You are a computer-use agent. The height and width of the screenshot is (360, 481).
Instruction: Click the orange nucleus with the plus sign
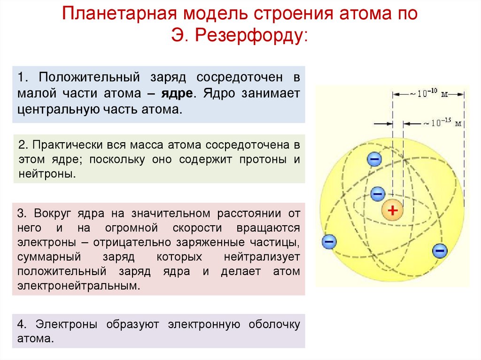[393, 211]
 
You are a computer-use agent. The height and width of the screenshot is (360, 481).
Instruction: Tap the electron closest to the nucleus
[378, 193]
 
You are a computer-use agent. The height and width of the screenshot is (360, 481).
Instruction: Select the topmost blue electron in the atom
[374, 160]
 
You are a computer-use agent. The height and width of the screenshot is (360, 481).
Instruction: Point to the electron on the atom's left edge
[329, 242]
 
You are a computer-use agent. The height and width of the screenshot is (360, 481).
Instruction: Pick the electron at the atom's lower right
[440, 251]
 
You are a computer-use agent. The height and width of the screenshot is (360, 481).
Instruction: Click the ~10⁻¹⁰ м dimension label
[428, 94]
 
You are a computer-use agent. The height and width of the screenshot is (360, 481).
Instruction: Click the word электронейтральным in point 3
[79, 286]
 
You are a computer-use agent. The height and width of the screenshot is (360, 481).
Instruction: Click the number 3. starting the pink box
[23, 214]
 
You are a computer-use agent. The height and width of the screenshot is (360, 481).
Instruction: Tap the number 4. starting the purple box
[23, 324]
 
